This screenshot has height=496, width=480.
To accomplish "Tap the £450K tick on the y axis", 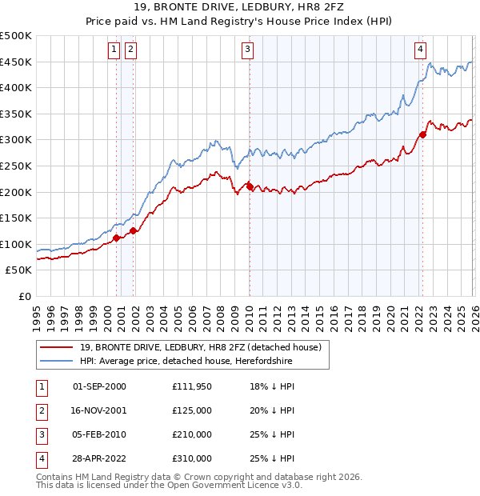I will (x=16, y=62).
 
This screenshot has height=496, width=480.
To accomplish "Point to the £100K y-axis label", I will (x=16, y=244).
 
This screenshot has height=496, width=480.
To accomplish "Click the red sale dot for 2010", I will (x=250, y=186).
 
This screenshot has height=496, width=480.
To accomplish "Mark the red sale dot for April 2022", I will (x=422, y=134).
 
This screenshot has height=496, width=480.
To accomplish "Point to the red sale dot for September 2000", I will (x=117, y=238).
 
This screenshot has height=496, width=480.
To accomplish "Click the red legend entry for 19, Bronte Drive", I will (x=200, y=347).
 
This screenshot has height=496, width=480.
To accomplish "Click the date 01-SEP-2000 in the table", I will (x=99, y=386).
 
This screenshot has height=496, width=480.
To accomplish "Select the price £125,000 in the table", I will (x=192, y=410).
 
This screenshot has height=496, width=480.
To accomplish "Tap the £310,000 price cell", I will (x=192, y=458).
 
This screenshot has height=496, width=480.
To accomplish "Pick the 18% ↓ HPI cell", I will (x=272, y=386).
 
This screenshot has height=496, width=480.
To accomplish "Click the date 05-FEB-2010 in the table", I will (x=99, y=434).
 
